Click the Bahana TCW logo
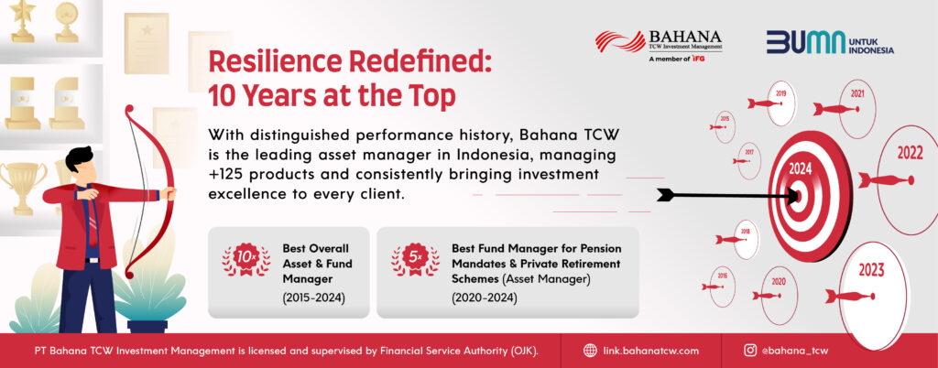coord(658,46)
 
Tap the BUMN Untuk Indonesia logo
coord(830,42)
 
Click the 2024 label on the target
coord(800,169)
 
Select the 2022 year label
coord(910,154)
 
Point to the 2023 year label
coord(871,271)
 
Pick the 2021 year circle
coord(856,109)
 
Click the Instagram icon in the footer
coord(749,351)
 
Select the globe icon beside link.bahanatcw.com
coord(590,351)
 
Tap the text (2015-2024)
coord(314,298)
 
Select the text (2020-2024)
coord(484,298)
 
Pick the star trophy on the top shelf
coord(23,20)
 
